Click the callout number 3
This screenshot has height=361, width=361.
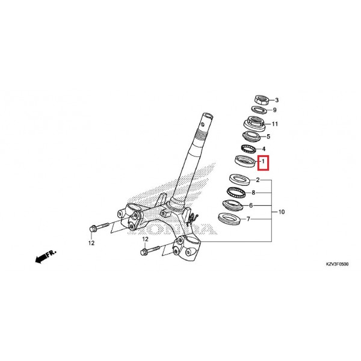277,100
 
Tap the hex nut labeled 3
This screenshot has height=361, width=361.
262,100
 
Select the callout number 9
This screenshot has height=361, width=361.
274,110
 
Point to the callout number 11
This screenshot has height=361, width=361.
275,124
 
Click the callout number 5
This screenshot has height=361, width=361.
268,137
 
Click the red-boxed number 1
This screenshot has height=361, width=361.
263,162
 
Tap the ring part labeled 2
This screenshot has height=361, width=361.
239,180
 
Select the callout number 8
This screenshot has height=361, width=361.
253,193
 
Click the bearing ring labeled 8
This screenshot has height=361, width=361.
236,193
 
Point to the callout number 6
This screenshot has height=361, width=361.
251,205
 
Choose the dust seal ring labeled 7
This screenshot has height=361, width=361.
229,219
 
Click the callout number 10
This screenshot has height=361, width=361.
282,212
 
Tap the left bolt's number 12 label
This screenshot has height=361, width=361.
91,243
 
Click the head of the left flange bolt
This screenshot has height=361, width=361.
92,229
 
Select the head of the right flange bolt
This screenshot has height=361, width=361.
144,252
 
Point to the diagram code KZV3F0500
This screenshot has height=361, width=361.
337,264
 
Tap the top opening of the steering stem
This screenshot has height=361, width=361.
208,115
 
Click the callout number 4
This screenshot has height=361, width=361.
264,149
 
